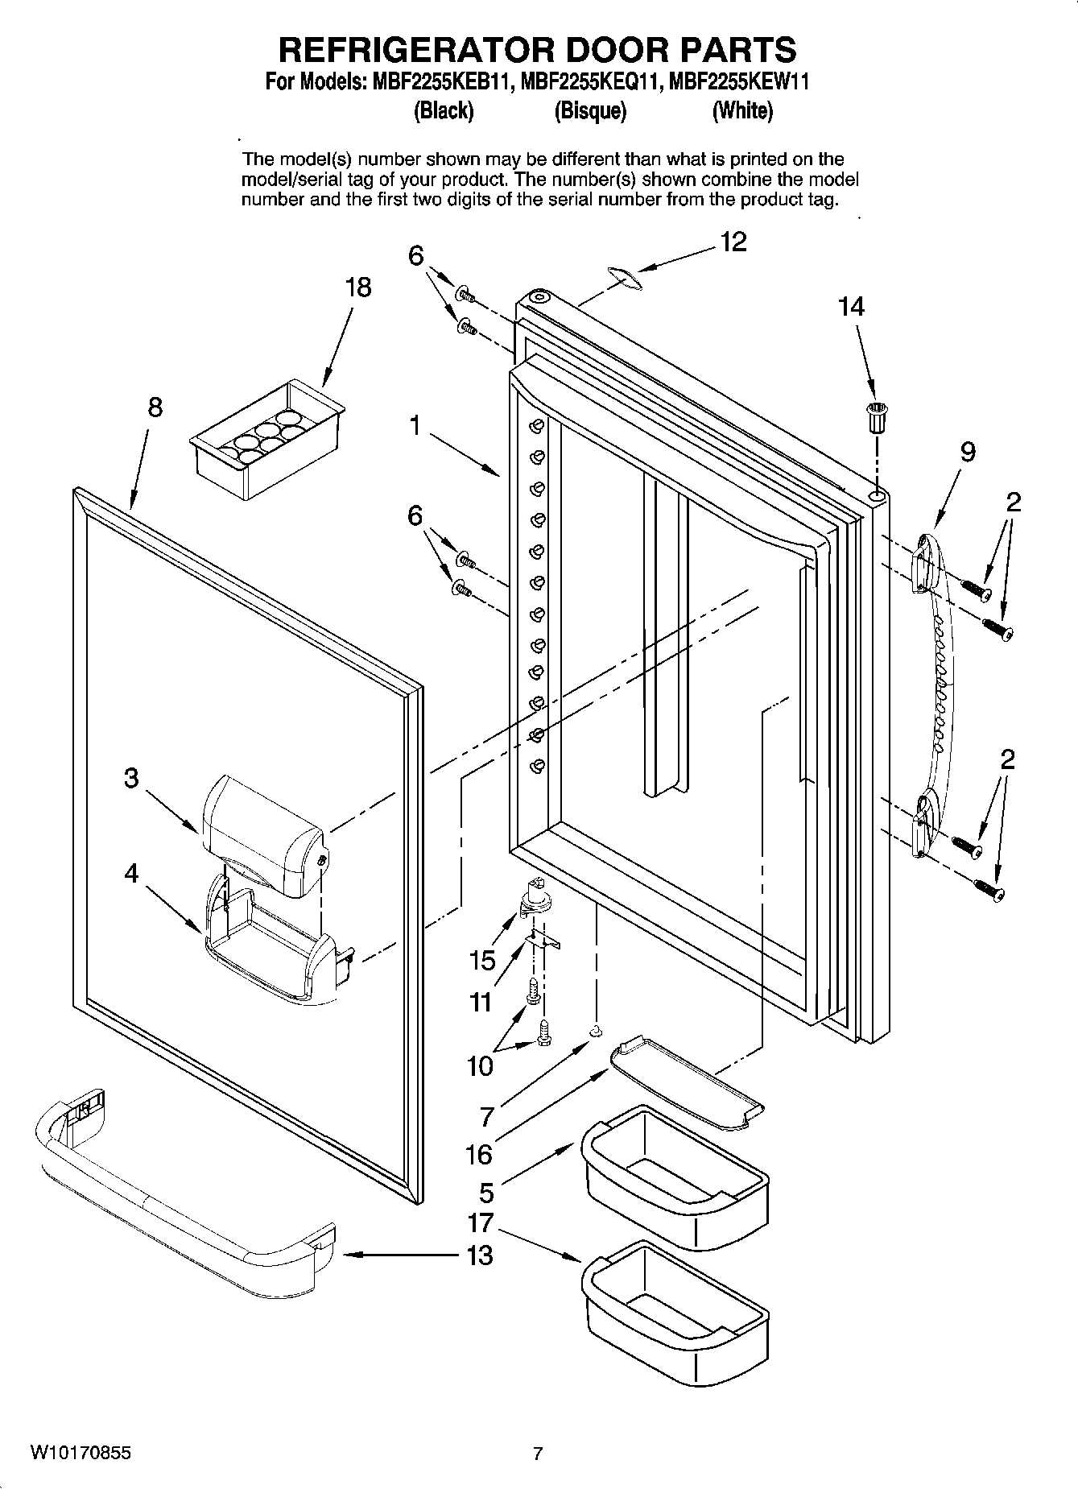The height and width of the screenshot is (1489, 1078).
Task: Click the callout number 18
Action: tap(358, 287)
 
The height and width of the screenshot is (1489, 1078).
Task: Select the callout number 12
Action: tap(733, 242)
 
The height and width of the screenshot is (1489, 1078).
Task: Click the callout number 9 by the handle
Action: tap(968, 453)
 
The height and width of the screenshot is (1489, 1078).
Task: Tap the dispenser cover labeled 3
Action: tap(262, 834)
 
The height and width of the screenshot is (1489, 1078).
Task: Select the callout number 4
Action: tap(131, 874)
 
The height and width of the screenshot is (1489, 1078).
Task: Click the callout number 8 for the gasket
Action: tap(155, 407)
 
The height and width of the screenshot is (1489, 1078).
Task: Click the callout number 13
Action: tap(480, 1255)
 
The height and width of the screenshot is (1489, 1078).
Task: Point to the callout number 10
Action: tap(480, 1066)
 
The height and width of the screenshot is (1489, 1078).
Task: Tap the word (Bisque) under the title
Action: tap(590, 110)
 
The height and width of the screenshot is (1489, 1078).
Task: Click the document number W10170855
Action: tap(81, 1454)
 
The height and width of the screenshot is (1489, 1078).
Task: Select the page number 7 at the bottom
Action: tap(538, 1454)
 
